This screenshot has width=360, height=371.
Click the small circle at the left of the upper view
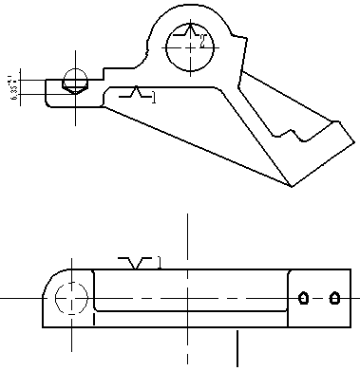(74, 80)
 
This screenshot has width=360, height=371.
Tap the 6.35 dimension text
(13, 88)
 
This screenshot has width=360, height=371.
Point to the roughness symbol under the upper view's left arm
(134, 94)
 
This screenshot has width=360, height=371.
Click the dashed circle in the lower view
(71, 299)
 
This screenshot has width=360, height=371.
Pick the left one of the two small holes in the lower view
(303, 298)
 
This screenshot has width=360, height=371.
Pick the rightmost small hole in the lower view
(334, 298)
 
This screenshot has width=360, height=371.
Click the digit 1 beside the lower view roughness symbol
(160, 264)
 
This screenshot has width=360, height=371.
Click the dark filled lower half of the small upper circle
(74, 85)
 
